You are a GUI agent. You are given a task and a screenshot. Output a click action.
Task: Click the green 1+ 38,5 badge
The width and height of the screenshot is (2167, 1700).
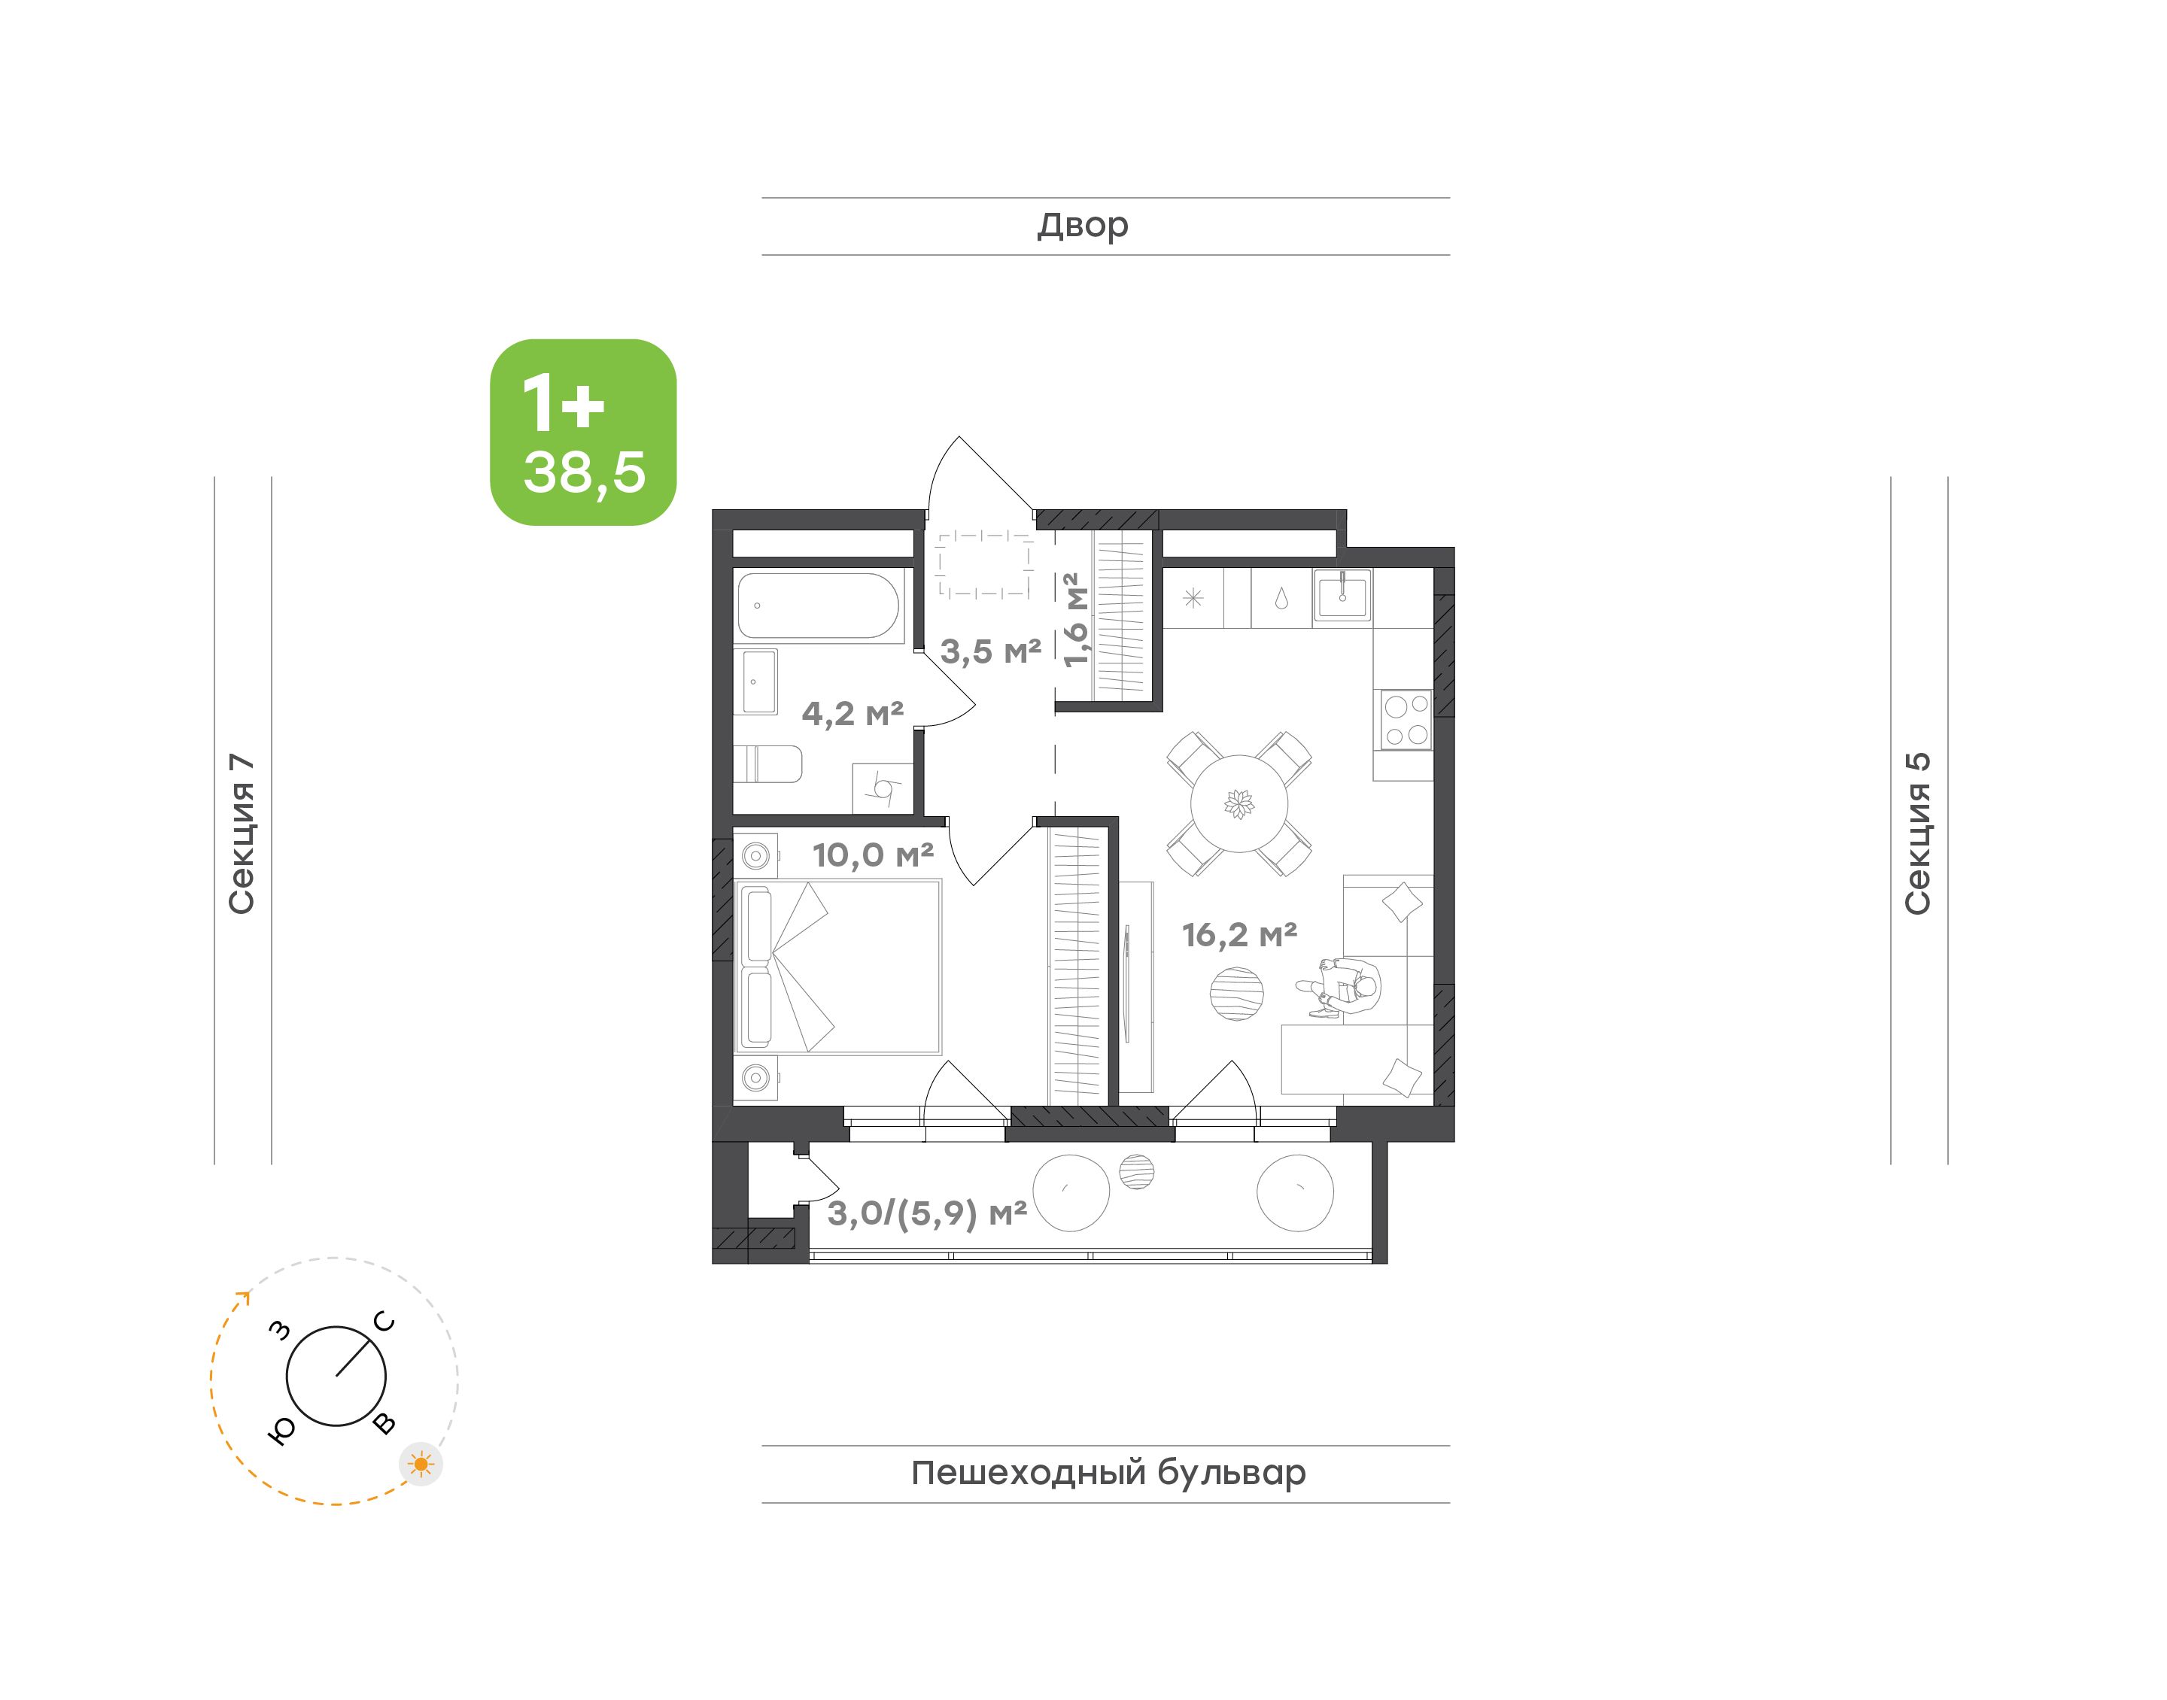point(582,432)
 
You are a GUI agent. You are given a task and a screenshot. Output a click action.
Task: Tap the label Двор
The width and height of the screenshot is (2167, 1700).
point(1083,226)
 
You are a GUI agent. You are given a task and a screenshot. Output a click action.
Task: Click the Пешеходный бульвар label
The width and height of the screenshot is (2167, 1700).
point(1108,1472)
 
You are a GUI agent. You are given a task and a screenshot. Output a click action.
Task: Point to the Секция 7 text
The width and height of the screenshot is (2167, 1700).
point(242,833)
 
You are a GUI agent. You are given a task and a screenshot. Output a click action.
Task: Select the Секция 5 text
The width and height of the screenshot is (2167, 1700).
point(1917,833)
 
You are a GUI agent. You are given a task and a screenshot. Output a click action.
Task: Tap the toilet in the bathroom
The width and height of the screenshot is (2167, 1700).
point(767,764)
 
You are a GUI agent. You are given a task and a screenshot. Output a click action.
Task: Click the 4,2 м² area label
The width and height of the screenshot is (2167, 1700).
point(853,714)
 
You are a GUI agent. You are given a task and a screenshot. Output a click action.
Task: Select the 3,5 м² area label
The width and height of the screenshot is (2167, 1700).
point(992,652)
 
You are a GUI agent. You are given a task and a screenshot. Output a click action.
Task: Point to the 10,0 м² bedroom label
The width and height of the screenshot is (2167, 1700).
point(873,855)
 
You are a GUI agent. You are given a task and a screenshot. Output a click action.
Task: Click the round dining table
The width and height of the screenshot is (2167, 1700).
point(1239,803)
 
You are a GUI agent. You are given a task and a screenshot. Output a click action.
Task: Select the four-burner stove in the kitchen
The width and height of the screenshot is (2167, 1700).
point(1406,720)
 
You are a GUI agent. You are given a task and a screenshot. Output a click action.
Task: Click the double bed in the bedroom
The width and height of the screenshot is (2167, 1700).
point(838,967)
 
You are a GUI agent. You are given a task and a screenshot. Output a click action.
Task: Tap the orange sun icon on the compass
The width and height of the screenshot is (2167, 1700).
point(421,1464)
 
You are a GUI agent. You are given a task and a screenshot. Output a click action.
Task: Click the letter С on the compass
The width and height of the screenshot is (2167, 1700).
point(384,1322)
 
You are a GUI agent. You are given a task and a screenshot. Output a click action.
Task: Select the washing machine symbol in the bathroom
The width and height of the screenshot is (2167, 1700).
point(882,788)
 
